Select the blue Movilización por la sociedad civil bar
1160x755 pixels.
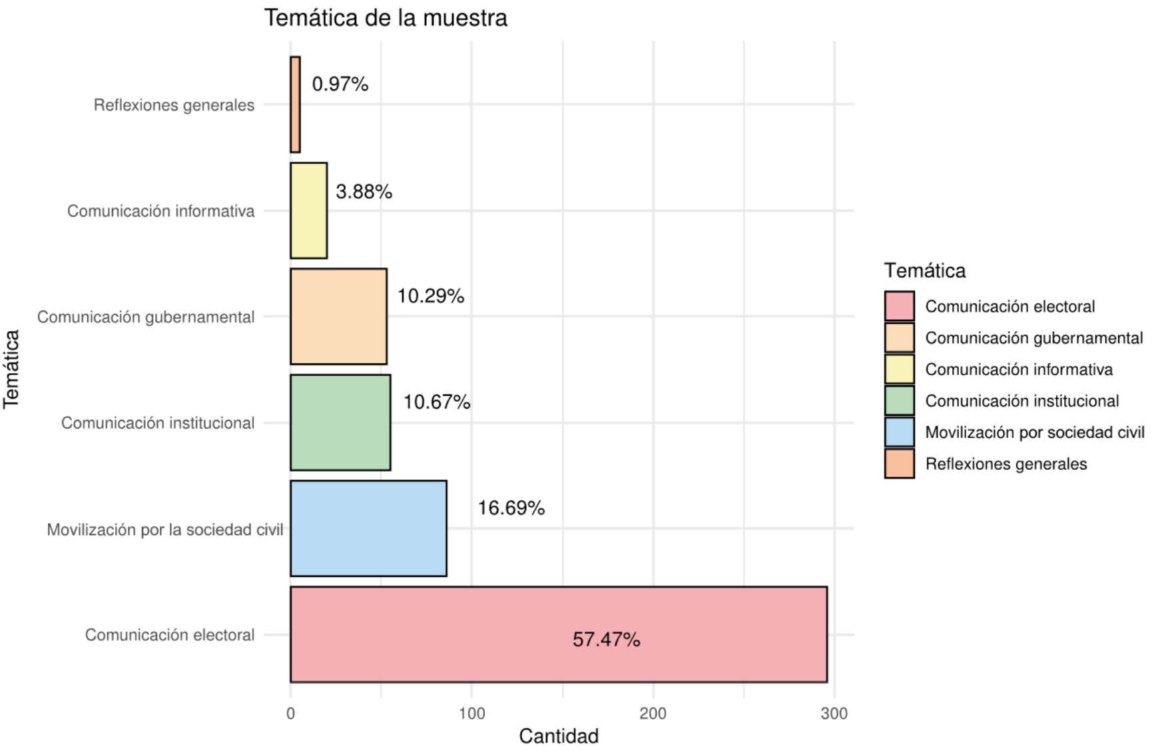(368, 528)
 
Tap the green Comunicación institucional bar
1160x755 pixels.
(340, 422)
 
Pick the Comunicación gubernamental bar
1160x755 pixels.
(338, 317)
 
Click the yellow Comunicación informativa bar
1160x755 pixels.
(308, 211)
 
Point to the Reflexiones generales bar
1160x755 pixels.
(295, 105)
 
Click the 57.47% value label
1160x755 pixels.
(606, 640)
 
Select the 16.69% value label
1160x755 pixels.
(511, 508)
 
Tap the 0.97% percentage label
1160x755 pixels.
(340, 84)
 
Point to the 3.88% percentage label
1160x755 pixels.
(364, 192)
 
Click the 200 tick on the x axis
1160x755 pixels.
(653, 714)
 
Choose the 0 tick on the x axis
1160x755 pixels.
(290, 714)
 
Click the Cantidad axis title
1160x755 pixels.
(558, 736)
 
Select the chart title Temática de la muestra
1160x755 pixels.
(386, 18)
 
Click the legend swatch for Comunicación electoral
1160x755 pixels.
(899, 307)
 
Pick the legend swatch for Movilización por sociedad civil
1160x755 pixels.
(899, 432)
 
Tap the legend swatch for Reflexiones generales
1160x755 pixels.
(899, 464)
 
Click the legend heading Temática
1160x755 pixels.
(924, 271)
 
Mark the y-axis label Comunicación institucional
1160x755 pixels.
(158, 423)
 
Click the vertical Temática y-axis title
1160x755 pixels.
(11, 369)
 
